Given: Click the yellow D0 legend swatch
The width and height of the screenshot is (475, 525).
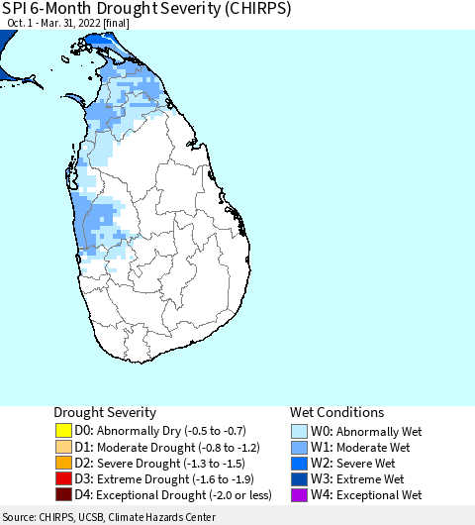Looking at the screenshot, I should click(x=64, y=431).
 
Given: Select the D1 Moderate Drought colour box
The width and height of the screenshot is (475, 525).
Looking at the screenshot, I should click(x=64, y=447).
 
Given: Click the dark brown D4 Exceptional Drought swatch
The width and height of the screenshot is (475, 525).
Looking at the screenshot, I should click(x=64, y=494).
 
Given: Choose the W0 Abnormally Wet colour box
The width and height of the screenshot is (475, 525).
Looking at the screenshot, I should click(x=300, y=431).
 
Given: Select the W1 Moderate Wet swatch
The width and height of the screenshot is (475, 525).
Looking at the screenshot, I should click(x=300, y=447).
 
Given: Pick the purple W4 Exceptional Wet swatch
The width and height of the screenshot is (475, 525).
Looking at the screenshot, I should click(x=300, y=494).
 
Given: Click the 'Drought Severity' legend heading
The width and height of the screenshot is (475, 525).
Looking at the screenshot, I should click(x=104, y=412).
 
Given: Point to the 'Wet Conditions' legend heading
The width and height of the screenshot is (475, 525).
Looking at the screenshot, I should click(x=336, y=412).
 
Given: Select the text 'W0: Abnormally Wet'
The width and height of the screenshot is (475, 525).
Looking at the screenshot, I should click(x=364, y=431).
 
